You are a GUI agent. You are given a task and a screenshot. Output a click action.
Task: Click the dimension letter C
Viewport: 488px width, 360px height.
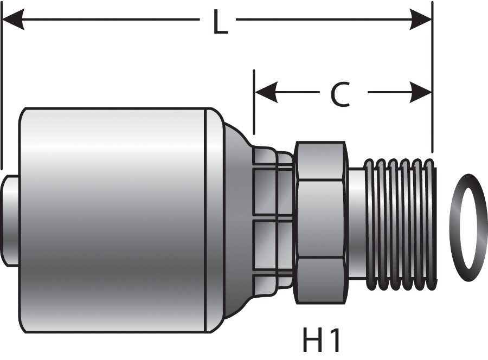coord(340,95)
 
